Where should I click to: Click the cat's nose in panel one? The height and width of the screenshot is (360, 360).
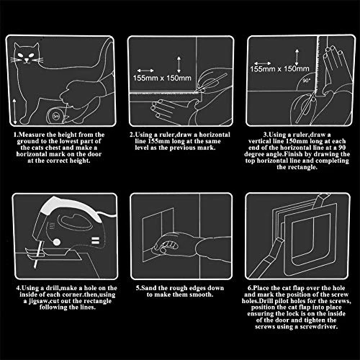(27, 60)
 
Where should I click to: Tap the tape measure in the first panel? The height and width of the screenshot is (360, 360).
(55, 116)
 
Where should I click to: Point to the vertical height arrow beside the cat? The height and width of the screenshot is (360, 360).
(15, 111)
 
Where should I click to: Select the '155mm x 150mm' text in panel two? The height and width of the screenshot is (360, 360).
(162, 78)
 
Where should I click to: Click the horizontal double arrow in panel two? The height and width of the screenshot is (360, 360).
(145, 71)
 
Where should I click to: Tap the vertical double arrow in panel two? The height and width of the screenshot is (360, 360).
(179, 64)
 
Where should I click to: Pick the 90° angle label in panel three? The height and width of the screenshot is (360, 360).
(306, 81)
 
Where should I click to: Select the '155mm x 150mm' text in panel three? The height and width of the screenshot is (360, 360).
(279, 69)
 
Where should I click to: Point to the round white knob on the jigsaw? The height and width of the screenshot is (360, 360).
(57, 242)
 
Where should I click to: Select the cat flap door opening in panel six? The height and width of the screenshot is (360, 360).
(310, 238)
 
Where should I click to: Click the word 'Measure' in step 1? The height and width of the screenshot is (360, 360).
(32, 135)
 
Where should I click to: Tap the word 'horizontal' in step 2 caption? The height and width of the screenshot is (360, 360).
(215, 135)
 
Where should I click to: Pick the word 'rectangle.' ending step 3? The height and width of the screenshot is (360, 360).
(297, 167)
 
